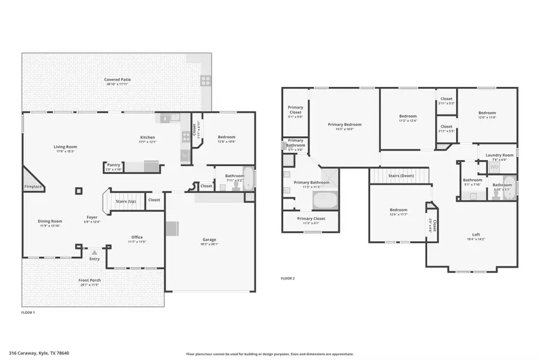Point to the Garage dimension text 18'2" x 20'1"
point(209,244)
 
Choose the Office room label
point(137,237)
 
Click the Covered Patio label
point(117,79)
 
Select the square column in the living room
point(78,192)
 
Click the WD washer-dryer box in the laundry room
point(494,168)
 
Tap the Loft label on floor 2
point(476,235)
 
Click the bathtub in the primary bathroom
point(325,199)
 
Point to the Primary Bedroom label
point(344,125)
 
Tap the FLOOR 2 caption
point(288,278)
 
